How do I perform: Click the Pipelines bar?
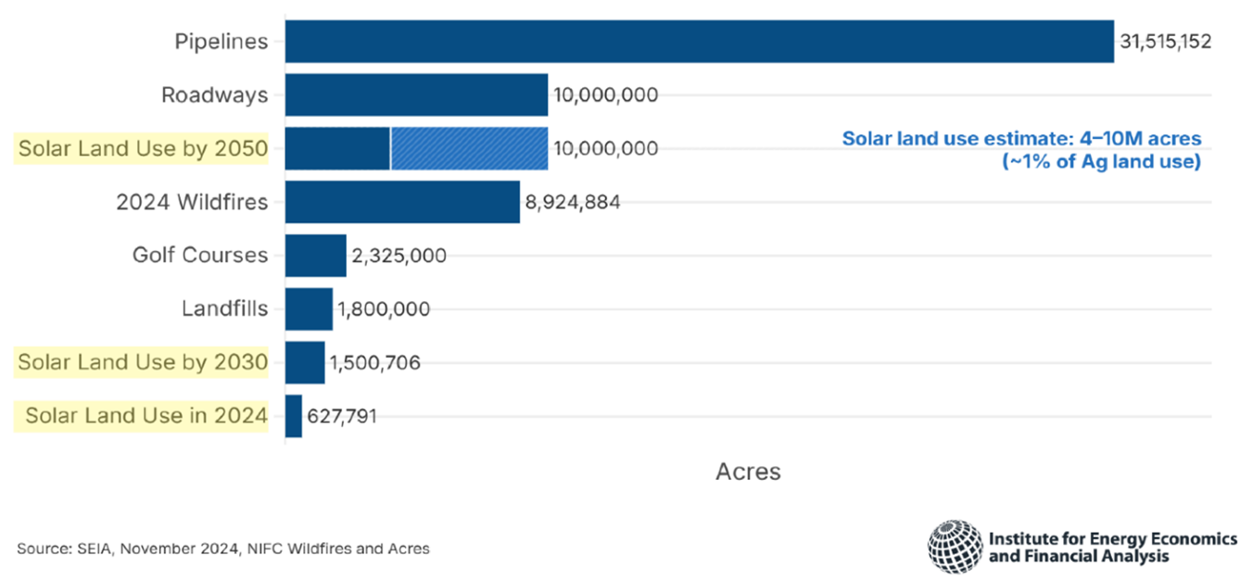(x=699, y=42)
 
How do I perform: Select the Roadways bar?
(x=416, y=95)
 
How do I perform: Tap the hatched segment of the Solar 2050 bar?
(x=469, y=148)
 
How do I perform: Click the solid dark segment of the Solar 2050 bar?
(x=337, y=148)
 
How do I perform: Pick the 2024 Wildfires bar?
(x=402, y=202)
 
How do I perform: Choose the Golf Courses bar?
(x=315, y=256)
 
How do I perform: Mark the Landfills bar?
(x=309, y=309)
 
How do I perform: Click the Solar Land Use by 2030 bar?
(x=305, y=362)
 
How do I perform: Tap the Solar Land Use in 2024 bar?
(x=294, y=416)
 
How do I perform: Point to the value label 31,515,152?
(x=1165, y=43)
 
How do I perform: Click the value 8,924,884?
(x=573, y=202)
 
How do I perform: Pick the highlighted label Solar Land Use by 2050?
(x=143, y=149)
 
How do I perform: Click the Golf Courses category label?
(x=200, y=256)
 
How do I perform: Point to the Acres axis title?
(x=748, y=472)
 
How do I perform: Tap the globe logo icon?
(x=955, y=547)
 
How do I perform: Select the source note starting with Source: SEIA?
(x=223, y=549)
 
